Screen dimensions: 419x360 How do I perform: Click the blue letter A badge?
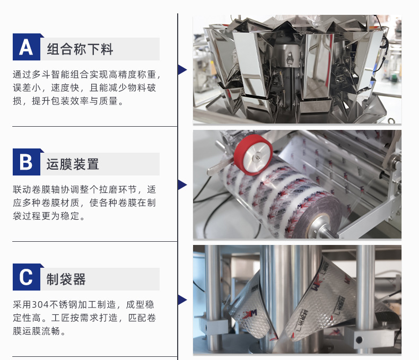pyautogui.click(x=27, y=47)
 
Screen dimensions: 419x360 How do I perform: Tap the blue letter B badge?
pyautogui.click(x=27, y=162)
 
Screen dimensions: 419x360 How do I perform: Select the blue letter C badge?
pyautogui.click(x=27, y=277)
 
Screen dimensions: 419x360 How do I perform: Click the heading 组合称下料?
pyautogui.click(x=80, y=49)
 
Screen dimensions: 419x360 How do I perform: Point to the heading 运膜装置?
pyautogui.click(x=73, y=164)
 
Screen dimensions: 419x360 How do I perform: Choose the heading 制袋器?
pyautogui.click(x=66, y=279)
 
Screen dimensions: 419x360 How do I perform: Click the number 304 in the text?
pyautogui.click(x=40, y=305)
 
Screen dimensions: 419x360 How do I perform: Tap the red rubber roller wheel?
pyautogui.click(x=253, y=155)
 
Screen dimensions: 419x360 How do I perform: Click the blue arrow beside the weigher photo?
pyautogui.click(x=182, y=69)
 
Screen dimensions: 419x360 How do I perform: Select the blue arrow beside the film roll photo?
pyautogui.click(x=182, y=185)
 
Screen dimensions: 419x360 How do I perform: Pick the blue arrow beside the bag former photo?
pyautogui.click(x=182, y=300)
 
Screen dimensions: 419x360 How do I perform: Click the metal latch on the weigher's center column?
pyautogui.click(x=290, y=59)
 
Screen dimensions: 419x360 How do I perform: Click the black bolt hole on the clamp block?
pyautogui.click(x=360, y=340)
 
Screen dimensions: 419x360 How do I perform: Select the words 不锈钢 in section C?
pyautogui.click(x=64, y=305)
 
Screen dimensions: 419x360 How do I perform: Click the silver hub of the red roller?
pyautogui.click(x=257, y=155)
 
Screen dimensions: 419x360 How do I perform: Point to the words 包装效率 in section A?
pyautogui.click(x=71, y=101)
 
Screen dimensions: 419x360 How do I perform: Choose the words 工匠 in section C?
pyautogui.click(x=60, y=318)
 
